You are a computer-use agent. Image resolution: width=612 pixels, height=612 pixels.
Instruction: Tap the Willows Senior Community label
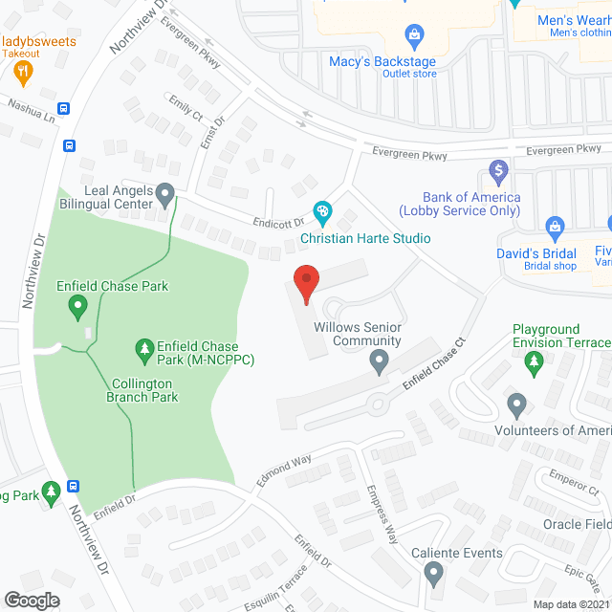358,334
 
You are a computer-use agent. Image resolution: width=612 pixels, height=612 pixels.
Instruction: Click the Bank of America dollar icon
497,173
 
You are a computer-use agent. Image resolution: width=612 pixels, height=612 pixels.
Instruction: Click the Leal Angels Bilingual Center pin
165,196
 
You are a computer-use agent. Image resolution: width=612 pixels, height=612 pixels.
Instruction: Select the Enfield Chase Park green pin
77,307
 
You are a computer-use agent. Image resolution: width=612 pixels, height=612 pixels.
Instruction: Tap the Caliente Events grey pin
433,575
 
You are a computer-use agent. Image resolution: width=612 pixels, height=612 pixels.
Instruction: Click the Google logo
32,600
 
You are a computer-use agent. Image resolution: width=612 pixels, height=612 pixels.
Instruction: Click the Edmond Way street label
284,471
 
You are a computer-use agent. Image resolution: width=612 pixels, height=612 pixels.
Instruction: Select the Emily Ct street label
186,107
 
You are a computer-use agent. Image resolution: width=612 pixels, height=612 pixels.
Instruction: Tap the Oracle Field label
578,523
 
